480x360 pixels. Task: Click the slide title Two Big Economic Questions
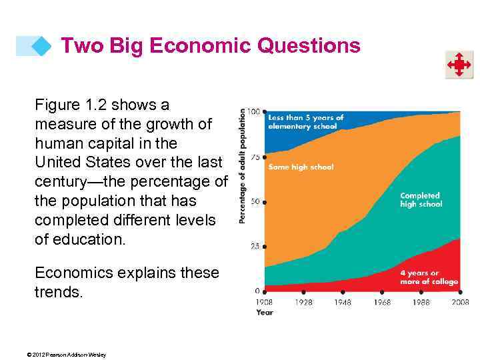tap(210, 45)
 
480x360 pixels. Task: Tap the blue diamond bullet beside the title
tap(41, 47)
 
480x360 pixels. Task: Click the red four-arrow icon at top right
tap(459, 65)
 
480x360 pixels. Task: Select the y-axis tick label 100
tap(254, 111)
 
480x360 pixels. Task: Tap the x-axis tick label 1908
tap(265, 303)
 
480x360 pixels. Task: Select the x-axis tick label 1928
tap(303, 303)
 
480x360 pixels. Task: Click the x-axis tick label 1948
tap(343, 303)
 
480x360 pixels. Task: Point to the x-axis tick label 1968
tap(382, 303)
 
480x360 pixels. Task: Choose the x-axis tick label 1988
tap(421, 303)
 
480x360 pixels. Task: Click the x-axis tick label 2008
tap(459, 303)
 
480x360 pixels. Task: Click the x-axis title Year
tap(265, 312)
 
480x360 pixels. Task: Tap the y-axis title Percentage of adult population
tap(243, 166)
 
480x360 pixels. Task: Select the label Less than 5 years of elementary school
tap(305, 122)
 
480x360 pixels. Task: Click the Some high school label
tap(301, 167)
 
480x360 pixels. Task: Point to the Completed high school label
tap(421, 200)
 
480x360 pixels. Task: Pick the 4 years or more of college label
tap(429, 277)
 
